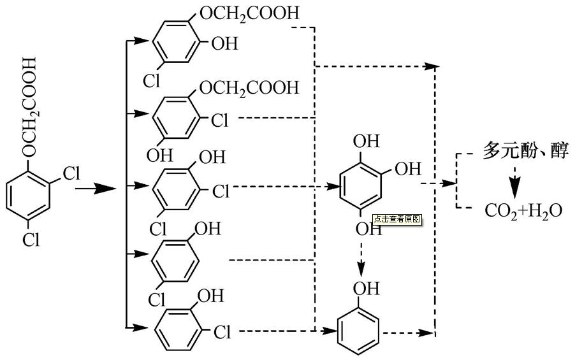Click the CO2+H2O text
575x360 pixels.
pos(523,211)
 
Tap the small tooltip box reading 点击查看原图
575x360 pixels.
pos(397,219)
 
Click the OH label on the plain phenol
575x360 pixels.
pos(365,289)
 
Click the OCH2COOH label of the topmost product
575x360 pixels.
pos(249,13)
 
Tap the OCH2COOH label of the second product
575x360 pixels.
pos(249,87)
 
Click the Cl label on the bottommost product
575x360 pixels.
pos(221,332)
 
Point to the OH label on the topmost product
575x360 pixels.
pos(223,44)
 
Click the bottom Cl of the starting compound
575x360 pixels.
pos(31,239)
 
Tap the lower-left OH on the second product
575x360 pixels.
pos(156,154)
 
